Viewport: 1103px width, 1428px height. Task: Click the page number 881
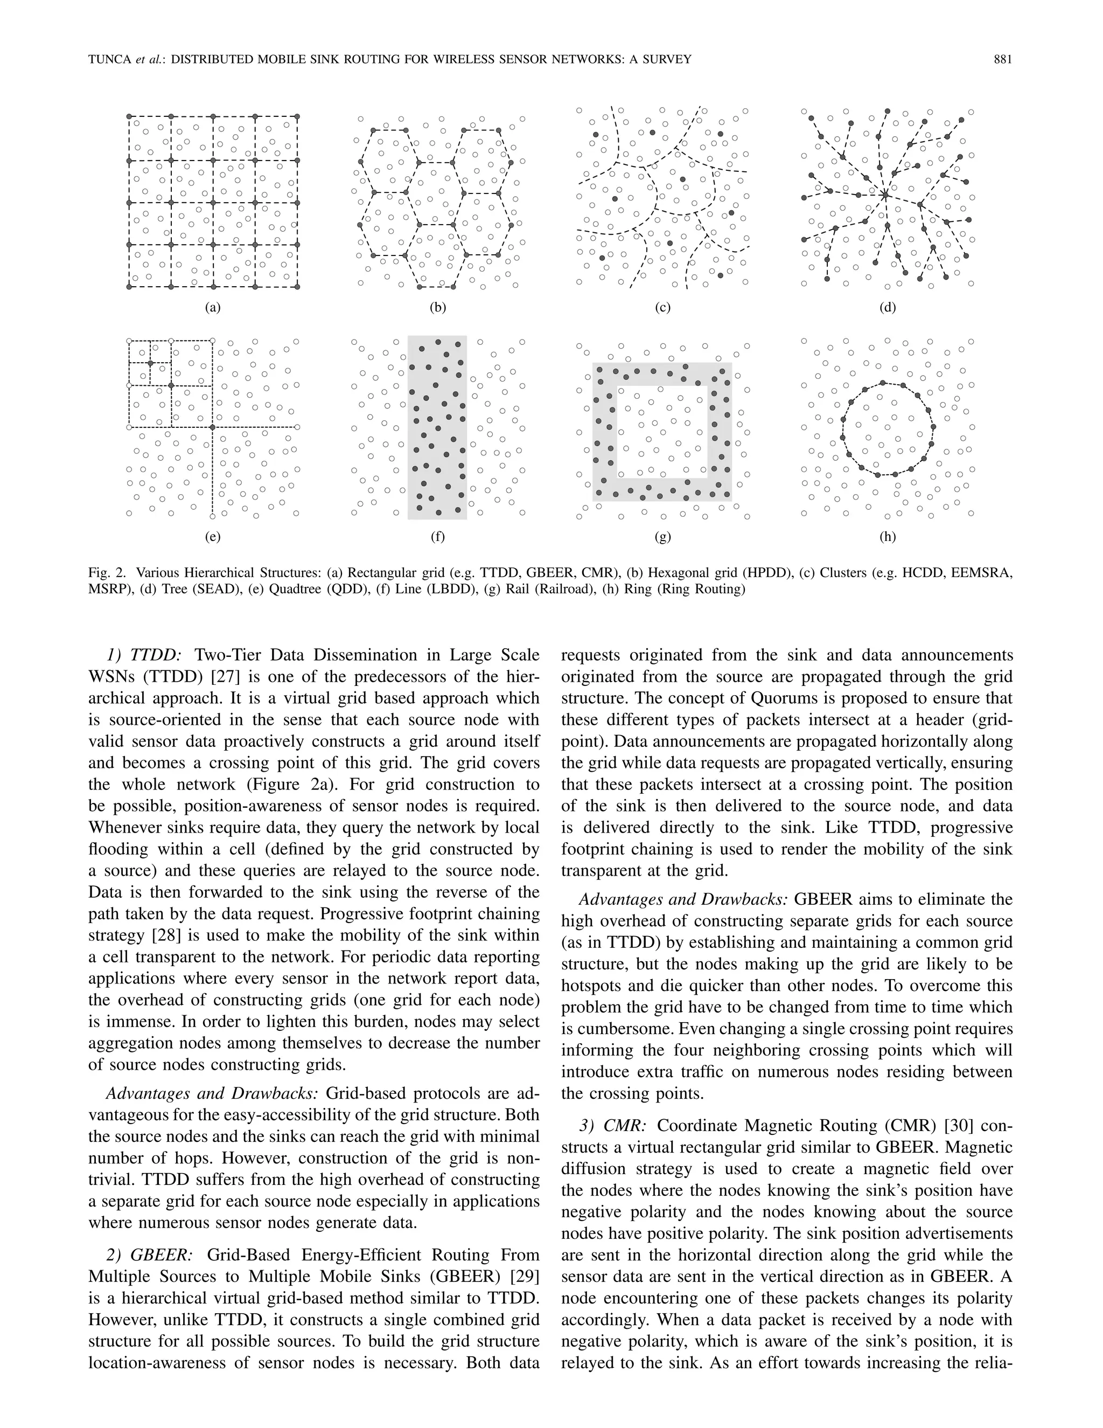(1002, 59)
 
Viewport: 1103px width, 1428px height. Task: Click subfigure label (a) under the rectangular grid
(212, 307)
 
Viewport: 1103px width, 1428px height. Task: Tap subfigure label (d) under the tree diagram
(888, 307)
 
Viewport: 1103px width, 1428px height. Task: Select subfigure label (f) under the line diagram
(437, 537)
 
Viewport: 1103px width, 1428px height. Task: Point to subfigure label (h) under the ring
(888, 537)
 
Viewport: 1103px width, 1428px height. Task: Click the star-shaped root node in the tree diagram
(884, 194)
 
